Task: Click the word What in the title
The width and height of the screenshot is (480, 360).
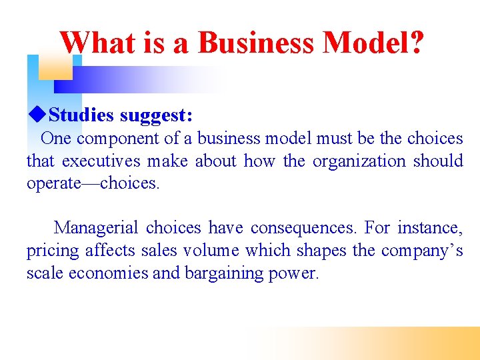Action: pos(99,43)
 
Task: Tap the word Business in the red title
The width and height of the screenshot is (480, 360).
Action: pos(255,43)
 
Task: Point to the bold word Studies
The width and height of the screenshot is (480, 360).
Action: pos(81,115)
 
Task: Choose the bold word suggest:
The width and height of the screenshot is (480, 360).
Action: pos(157,115)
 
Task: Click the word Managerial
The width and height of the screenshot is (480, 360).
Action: pos(97,228)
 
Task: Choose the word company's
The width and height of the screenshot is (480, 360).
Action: pos(423,251)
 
